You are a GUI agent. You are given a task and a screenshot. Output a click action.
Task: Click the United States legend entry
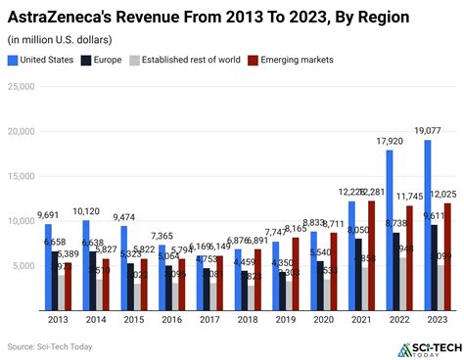(41, 60)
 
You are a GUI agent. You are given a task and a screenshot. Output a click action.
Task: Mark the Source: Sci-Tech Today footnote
(48, 347)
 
